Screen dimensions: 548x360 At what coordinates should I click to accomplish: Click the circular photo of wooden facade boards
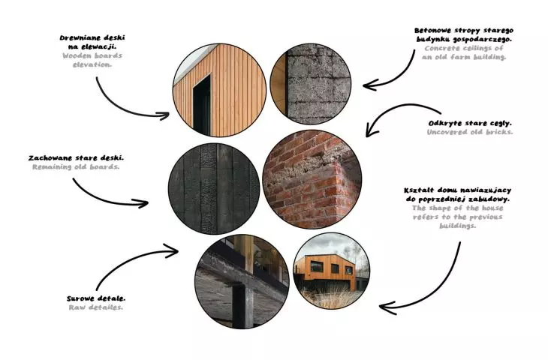[x=219, y=90]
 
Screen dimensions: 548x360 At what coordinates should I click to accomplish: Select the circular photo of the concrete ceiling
[x=311, y=84]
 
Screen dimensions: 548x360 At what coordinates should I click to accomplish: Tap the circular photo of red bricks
[x=312, y=179]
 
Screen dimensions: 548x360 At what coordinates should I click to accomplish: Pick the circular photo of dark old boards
[x=214, y=188]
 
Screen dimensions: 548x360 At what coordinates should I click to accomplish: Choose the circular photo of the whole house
[x=331, y=271]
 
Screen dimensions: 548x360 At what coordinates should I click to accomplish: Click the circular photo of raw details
[x=242, y=281]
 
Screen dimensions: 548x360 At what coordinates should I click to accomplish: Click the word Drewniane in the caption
[x=77, y=37]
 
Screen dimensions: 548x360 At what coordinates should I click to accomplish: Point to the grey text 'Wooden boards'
[x=92, y=55]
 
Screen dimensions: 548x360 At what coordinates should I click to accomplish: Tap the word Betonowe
[x=432, y=31]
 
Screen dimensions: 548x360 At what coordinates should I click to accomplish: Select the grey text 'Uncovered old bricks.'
[x=470, y=132]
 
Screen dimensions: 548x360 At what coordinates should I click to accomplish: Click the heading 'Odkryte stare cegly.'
[x=470, y=123]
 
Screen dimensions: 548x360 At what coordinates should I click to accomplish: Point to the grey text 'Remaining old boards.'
[x=76, y=167]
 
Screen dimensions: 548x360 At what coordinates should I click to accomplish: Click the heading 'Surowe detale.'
[x=96, y=299]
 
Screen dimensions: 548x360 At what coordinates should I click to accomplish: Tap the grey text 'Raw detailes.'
[x=96, y=307]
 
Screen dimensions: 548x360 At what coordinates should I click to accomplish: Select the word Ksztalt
[x=418, y=190]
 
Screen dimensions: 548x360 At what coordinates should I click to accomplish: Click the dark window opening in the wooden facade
[x=202, y=106]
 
